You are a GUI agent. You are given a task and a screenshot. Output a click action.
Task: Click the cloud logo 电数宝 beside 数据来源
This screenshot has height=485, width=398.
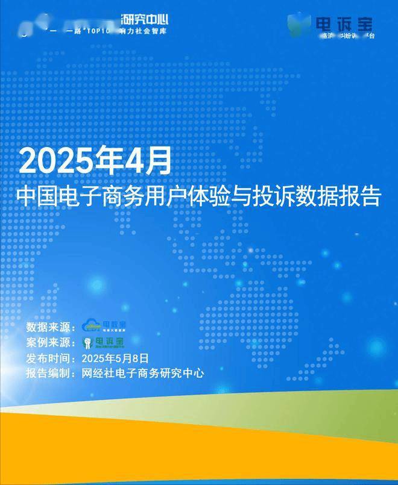[104, 326]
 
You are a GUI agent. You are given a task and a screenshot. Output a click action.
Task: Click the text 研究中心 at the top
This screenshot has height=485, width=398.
[149, 17]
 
